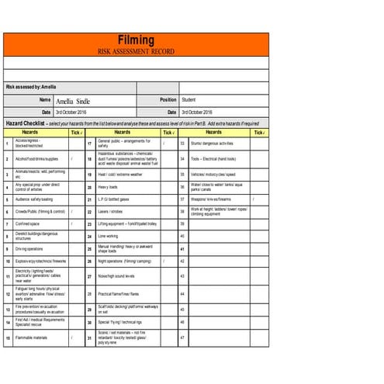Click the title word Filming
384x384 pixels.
click(136, 40)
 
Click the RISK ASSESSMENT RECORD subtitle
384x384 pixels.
click(136, 51)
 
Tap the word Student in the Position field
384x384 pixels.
click(189, 100)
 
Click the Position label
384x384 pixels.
click(168, 100)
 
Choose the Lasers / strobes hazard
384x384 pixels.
click(110, 211)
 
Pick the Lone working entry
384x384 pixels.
click(109, 236)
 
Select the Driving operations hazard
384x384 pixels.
click(29, 249)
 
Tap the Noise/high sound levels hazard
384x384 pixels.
click(116, 275)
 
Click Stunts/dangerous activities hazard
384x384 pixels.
click(212, 144)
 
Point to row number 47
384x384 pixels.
click(182, 338)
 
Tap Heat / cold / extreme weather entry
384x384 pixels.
click(120, 175)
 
